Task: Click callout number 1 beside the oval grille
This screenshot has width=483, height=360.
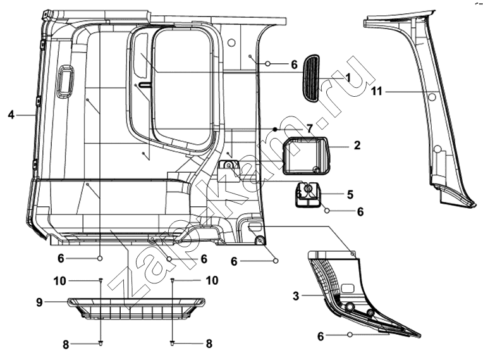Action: (x=348, y=77)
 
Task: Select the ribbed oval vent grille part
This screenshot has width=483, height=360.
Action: (x=312, y=78)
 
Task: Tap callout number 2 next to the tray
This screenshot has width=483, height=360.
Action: (x=357, y=145)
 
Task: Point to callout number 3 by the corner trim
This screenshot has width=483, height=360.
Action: (x=296, y=296)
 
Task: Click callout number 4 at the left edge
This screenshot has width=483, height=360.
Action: (x=11, y=115)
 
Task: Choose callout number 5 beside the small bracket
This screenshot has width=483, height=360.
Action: (x=350, y=194)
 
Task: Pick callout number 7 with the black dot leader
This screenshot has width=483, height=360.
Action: (x=310, y=128)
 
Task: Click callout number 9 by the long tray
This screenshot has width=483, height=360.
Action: (x=39, y=302)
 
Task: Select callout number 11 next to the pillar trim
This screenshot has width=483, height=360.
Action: (x=376, y=91)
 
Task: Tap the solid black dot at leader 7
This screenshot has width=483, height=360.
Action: (x=275, y=129)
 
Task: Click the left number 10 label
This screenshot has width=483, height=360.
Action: (x=60, y=281)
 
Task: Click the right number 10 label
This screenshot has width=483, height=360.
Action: (x=212, y=280)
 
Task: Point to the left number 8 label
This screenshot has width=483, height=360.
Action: (x=66, y=345)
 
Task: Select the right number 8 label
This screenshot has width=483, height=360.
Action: (x=209, y=344)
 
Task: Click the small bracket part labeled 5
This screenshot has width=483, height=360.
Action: (x=308, y=194)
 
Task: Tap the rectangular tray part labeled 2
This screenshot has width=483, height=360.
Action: (x=306, y=156)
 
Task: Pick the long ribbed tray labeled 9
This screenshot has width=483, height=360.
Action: (x=136, y=308)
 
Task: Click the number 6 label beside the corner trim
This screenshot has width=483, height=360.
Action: (x=321, y=337)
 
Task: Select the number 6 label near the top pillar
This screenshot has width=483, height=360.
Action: (x=294, y=65)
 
